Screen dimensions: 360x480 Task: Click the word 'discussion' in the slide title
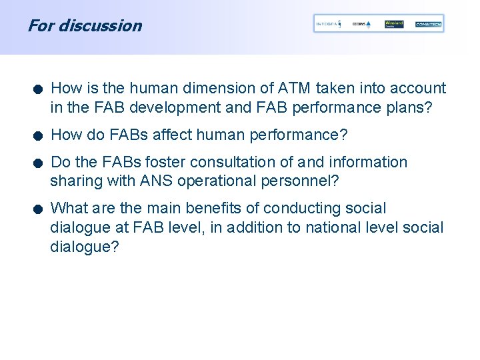(100, 26)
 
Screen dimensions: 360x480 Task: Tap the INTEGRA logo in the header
(327, 24)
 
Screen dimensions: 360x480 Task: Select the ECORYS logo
(361, 24)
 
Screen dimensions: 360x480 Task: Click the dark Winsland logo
(394, 24)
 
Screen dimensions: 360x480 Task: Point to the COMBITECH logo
(428, 24)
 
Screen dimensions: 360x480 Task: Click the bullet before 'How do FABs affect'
(40, 136)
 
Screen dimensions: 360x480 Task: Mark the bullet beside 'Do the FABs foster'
(40, 163)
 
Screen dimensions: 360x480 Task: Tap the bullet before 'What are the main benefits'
(40, 210)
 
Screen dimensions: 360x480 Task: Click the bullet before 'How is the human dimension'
(40, 89)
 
